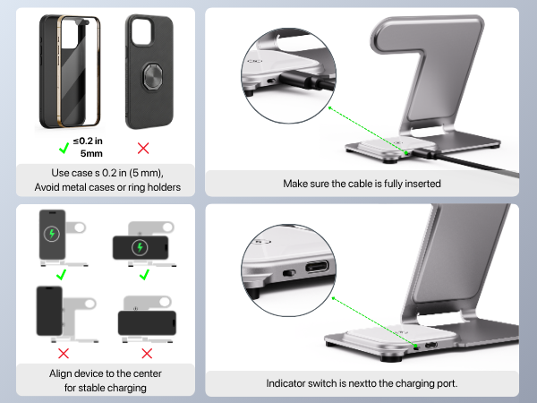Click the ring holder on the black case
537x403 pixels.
tap(152, 77)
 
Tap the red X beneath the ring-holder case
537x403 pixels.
tap(143, 149)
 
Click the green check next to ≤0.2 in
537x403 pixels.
tap(64, 148)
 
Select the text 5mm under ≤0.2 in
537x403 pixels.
tap(91, 153)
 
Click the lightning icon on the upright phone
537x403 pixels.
tap(52, 234)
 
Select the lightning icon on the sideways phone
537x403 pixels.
tap(140, 247)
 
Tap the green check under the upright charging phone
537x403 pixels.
tap(61, 275)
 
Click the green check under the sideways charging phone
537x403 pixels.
tap(144, 275)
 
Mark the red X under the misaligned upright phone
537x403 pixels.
tap(64, 354)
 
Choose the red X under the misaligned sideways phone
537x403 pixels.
tap(147, 354)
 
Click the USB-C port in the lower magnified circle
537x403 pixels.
tap(317, 266)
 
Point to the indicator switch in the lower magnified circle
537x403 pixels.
tap(289, 273)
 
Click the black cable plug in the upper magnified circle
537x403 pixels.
tap(305, 81)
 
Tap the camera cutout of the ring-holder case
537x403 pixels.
tap(143, 32)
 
